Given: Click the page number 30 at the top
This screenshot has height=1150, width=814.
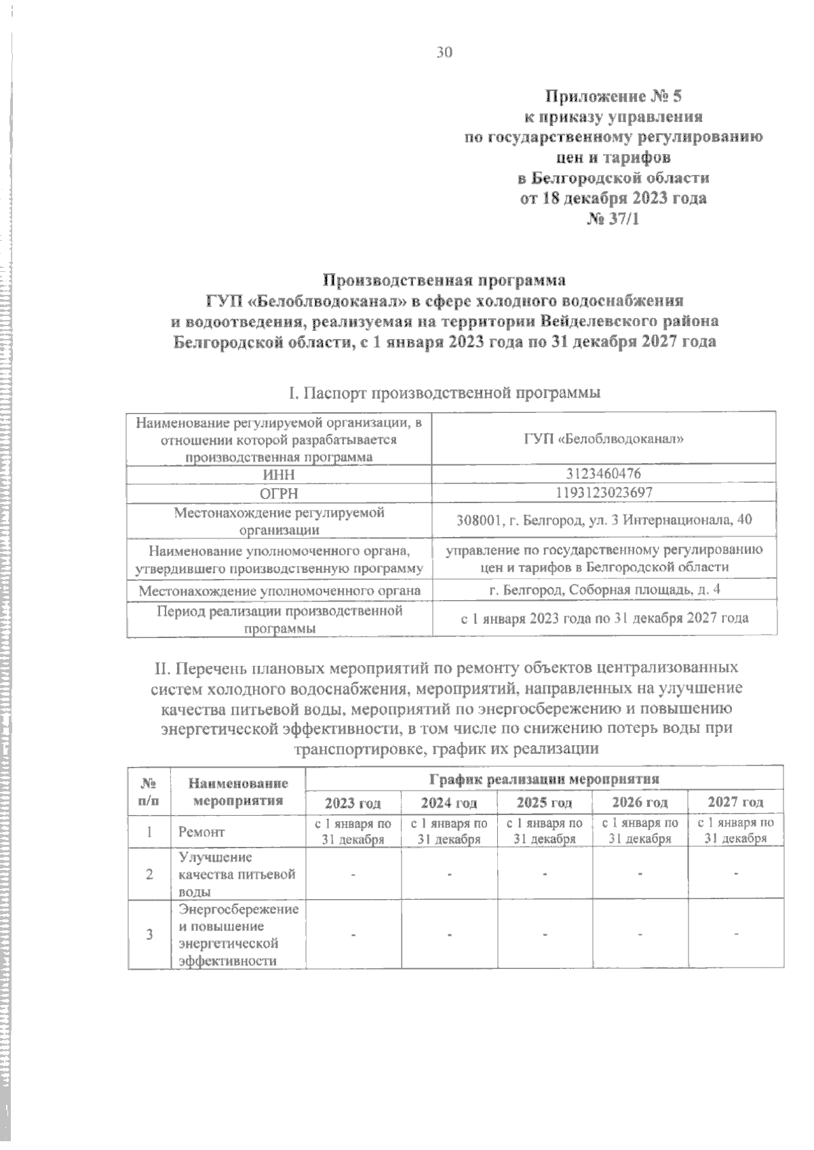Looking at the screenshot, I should pos(444,53).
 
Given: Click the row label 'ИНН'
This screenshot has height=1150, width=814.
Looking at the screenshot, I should pos(279,474).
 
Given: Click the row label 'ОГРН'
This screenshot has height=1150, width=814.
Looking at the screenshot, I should pos(279,493).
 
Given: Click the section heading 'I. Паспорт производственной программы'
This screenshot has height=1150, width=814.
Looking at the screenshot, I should pos(444,393).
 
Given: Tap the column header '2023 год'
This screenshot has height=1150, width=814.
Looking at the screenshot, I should pos(353,803).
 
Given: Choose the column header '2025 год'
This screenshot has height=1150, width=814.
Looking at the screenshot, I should pos(544,803).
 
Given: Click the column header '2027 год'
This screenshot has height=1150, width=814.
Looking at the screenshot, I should pos(735,802).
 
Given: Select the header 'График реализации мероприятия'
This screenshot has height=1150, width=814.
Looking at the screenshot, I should pos(544,778).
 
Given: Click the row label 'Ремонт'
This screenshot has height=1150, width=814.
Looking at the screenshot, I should pos(201,831).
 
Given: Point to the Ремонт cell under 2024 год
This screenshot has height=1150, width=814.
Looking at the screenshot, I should pos(448,831).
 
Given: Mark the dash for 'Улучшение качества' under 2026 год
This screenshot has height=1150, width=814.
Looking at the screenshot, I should pos(640,873).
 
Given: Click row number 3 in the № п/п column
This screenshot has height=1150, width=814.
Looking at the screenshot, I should pos(149,934).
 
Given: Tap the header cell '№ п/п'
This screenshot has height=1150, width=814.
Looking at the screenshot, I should pos(149,791).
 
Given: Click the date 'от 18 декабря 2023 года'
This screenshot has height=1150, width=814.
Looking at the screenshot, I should pos(613,199).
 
